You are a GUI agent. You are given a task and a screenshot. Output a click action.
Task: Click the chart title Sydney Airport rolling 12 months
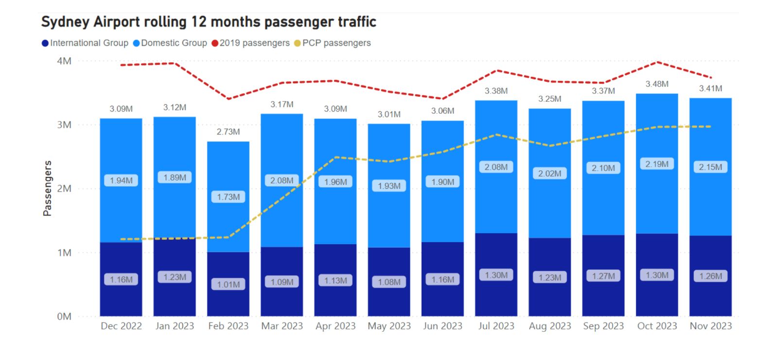[x=209, y=22]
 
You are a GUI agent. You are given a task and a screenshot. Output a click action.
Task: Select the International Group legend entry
[x=86, y=43]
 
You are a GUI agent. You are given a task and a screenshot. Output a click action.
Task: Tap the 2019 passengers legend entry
[x=251, y=43]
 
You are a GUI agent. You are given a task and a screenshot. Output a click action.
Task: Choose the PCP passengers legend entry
[x=333, y=43]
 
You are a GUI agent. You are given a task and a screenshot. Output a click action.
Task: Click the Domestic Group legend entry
[x=170, y=43]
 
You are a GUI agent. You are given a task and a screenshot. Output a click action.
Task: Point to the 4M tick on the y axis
[x=64, y=61]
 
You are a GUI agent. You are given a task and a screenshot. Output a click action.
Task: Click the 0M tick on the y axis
[x=64, y=317]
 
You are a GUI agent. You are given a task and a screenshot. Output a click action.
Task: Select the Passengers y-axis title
[x=47, y=188]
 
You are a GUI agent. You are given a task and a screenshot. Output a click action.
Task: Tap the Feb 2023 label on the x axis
[x=228, y=326]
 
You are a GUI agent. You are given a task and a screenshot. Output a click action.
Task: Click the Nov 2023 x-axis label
[x=710, y=326]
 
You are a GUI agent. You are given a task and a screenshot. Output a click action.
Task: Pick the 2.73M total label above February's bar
[x=228, y=132]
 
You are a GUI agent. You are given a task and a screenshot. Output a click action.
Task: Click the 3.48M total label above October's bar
[x=657, y=84]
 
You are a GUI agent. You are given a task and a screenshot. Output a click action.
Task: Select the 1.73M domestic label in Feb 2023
[x=228, y=197]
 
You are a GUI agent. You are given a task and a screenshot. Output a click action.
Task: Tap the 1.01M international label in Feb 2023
[x=228, y=285]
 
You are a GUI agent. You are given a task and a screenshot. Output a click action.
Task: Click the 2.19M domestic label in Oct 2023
[x=657, y=164]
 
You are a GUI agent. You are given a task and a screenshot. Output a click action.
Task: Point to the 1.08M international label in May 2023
[x=389, y=282]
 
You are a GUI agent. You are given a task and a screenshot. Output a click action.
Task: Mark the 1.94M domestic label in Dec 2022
[x=121, y=180]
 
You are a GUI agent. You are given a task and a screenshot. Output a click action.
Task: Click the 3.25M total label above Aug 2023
[x=549, y=99]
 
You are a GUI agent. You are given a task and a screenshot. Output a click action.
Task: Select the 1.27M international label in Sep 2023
[x=603, y=276]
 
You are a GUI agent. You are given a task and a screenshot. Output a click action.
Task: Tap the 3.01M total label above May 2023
[x=389, y=114]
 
